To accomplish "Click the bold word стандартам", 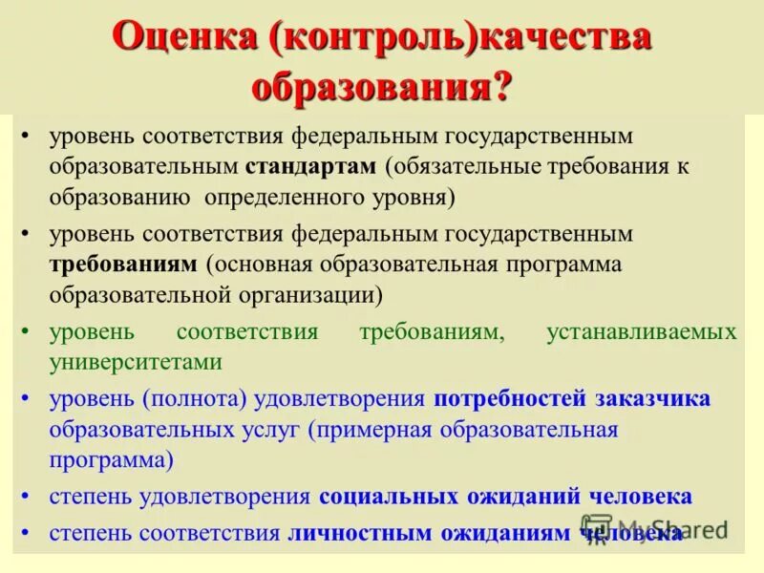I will [311, 167].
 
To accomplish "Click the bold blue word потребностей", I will [507, 398].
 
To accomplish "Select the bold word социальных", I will [389, 497].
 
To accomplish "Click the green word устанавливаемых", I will [641, 332].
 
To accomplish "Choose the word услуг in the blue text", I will [269, 429].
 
